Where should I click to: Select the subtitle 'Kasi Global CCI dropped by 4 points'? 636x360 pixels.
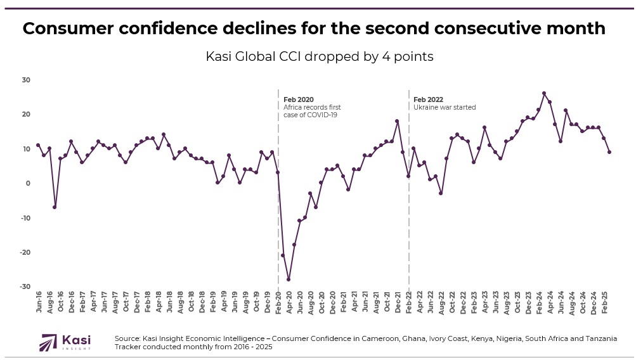[319, 56]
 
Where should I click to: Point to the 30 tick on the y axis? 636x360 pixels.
[26, 80]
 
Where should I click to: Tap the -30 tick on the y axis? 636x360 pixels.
[25, 286]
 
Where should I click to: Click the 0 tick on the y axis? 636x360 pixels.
[28, 183]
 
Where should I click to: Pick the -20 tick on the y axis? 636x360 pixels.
[25, 252]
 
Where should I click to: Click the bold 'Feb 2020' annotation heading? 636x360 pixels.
[298, 100]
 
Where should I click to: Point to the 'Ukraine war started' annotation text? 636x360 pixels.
[444, 108]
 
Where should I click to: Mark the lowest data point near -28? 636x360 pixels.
[289, 280]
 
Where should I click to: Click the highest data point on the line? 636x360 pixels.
[544, 93]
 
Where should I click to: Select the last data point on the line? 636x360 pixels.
[609, 152]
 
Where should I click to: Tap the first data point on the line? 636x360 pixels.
[38, 145]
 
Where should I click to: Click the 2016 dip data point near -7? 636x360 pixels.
[55, 207]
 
